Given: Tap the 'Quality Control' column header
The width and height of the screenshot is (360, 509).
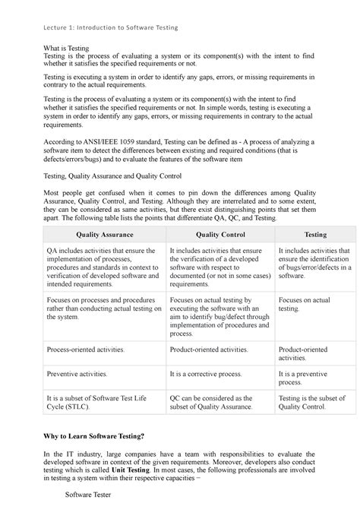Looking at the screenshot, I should coord(219,235).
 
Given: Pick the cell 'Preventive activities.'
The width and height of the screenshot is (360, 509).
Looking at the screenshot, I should coord(77,375).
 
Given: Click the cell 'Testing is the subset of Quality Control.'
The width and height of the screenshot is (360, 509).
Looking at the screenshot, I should coord(313,402).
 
